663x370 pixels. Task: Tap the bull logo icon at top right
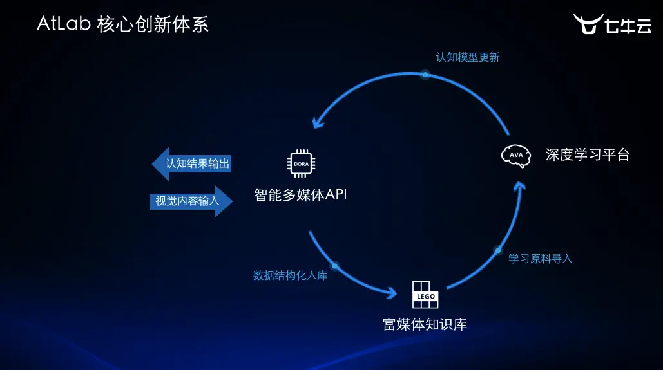pos(588,24)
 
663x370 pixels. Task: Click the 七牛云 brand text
pos(628,26)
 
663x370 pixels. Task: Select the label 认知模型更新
pos(467,57)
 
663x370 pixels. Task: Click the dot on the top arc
pos(425,75)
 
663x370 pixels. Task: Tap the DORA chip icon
pos(301,163)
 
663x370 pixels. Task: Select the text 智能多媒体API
pos(301,195)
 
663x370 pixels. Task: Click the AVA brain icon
pos(515,156)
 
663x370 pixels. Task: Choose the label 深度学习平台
pos(587,155)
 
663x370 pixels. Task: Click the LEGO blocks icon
pos(425,295)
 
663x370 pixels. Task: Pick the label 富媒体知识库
pos(425,324)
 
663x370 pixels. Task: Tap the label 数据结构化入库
pos(290,275)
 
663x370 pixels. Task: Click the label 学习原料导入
pos(540,259)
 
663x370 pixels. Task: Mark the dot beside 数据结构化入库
pos(334,265)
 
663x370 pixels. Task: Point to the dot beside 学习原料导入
pos(498,250)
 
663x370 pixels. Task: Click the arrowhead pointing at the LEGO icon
pos(390,293)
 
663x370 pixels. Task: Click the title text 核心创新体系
pos(153,24)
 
